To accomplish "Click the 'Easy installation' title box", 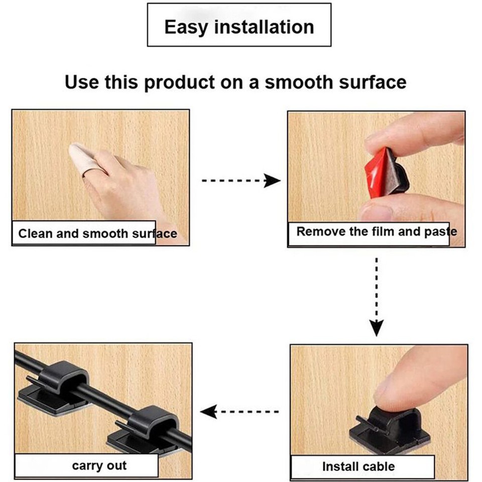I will [x=239, y=25].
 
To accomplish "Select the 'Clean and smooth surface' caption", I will [x=97, y=233].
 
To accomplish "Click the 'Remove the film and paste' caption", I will [x=376, y=231].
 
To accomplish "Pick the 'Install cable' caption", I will [x=358, y=466].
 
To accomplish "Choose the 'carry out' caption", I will [x=99, y=465].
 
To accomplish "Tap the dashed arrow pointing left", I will [x=240, y=412].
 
